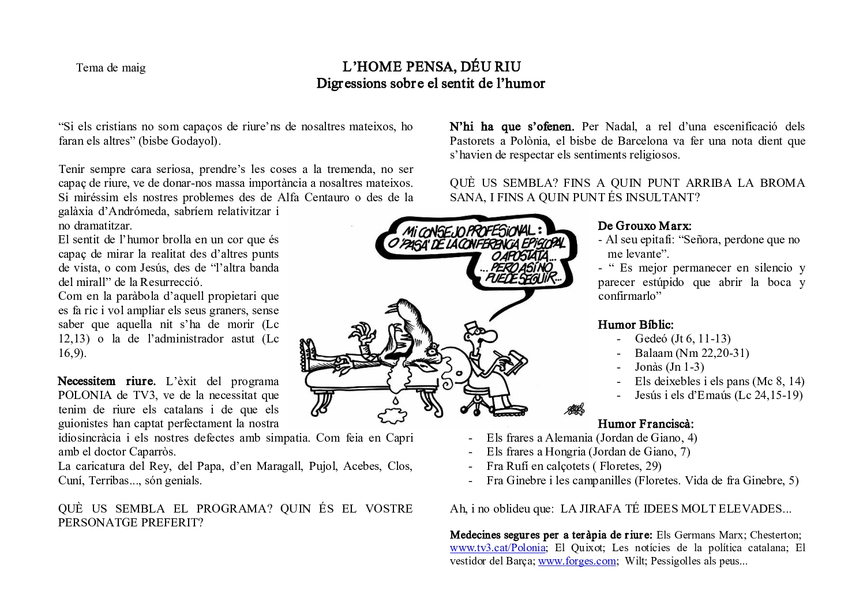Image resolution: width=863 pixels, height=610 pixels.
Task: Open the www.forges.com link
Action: click(x=577, y=561)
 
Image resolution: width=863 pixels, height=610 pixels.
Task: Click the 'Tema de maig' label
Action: click(x=111, y=68)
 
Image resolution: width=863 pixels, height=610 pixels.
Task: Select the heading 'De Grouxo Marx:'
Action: click(x=644, y=225)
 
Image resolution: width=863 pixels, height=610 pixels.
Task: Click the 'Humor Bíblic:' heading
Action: click(x=635, y=325)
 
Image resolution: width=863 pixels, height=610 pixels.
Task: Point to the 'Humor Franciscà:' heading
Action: click(x=646, y=424)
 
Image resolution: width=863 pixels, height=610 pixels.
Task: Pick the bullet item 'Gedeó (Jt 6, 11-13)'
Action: click(x=682, y=339)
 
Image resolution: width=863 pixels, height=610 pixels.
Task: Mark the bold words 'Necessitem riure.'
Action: click(x=107, y=381)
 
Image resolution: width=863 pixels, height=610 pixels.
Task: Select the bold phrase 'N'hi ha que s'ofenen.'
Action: click(x=512, y=127)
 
